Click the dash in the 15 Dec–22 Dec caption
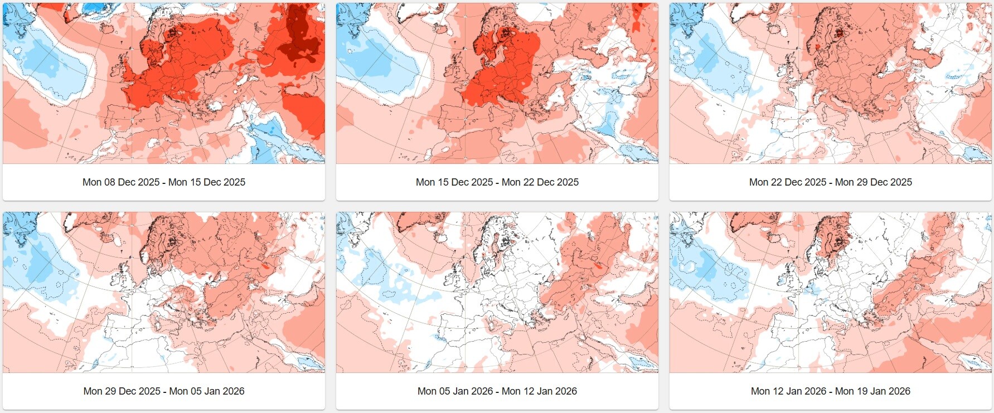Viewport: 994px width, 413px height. pos(497,182)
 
